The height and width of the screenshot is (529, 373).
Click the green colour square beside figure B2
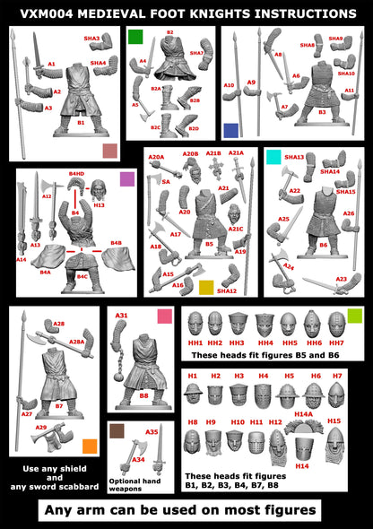tap(135, 37)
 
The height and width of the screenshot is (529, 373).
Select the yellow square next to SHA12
tap(206, 287)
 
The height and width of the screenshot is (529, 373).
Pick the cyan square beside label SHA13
tap(273, 158)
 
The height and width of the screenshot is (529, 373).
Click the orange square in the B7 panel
tap(89, 446)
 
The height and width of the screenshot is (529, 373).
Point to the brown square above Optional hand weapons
tap(116, 430)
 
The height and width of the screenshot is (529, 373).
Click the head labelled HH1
tap(195, 325)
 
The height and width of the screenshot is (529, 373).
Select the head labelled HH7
tap(335, 325)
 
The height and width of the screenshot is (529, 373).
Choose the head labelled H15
tap(334, 439)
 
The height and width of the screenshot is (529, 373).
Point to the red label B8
tap(143, 395)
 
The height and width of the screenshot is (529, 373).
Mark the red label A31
tap(121, 316)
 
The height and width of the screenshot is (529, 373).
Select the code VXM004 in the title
tap(39, 13)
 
